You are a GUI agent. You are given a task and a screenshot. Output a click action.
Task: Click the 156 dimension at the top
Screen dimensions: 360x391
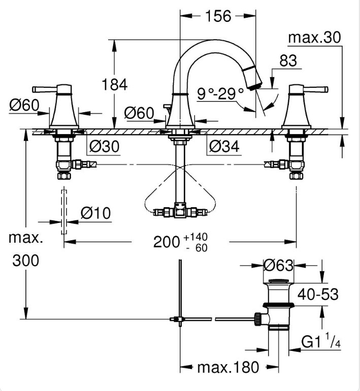(218, 16)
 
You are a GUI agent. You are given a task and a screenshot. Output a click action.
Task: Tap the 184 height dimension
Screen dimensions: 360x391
(114, 84)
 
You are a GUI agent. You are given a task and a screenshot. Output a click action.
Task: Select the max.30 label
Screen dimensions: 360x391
(314, 38)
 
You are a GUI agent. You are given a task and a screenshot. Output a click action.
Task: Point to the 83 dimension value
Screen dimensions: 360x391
(288, 60)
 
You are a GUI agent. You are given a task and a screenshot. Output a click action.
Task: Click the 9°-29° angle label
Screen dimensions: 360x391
(220, 93)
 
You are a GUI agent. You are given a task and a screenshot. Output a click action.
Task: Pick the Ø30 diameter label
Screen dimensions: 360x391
(104, 146)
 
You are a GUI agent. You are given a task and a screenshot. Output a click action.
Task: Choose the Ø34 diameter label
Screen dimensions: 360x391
(224, 146)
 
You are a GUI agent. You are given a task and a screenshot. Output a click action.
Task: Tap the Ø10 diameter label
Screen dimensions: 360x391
(96, 213)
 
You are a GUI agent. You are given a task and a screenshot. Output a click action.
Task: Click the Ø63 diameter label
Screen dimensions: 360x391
(278, 265)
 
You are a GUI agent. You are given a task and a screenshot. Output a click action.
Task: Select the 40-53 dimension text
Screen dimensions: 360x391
(318, 294)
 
